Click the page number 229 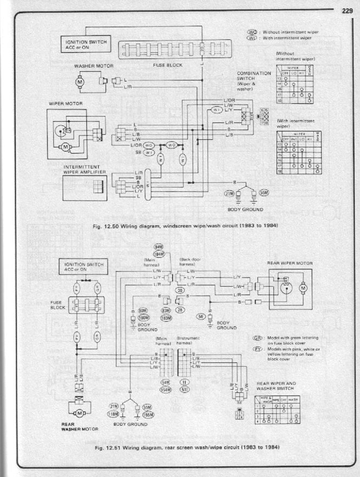point(347,9)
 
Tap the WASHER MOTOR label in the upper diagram point(93,66)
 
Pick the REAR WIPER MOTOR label point(290,263)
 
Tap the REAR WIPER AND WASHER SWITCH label point(276,385)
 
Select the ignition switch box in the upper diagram point(86,44)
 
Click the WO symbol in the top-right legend point(252,32)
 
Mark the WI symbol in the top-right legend point(252,38)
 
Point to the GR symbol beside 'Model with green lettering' point(258,337)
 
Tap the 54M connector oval point(166,382)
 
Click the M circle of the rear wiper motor point(303,287)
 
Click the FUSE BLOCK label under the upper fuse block point(167,65)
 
